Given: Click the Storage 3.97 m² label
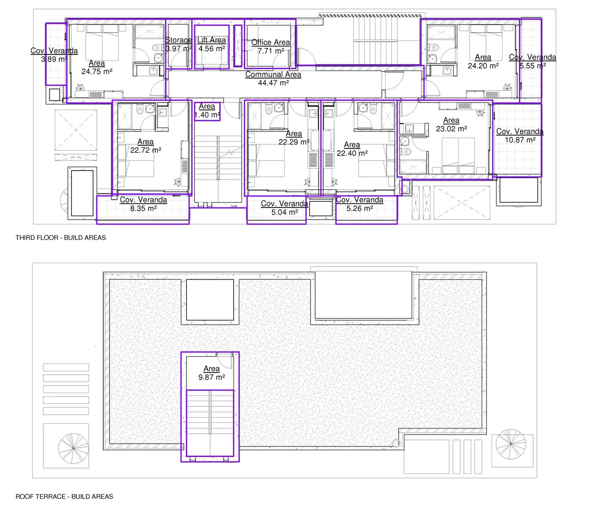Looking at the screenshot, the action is [178, 44].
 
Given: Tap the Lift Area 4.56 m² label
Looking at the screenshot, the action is [211, 44].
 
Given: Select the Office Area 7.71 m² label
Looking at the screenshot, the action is [270, 46].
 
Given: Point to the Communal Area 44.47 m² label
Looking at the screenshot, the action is [273, 78].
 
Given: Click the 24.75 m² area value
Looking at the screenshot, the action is [97, 71].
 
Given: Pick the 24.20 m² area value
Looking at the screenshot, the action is [483, 66].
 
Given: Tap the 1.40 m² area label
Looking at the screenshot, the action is [207, 111].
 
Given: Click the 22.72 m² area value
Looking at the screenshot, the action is [145, 150].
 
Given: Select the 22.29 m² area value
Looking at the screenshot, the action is [294, 142].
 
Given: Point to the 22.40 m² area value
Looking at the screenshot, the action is [352, 153].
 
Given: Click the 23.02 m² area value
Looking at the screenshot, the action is [451, 129].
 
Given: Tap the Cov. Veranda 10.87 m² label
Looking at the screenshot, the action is [520, 136].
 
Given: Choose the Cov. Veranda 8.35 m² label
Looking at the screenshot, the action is [143, 204].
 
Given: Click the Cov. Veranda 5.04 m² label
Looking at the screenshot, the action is [285, 208].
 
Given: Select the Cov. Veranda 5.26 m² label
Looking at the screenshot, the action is [360, 204].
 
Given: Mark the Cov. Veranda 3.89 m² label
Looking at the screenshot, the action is [54, 55].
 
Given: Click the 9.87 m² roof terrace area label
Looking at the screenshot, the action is [211, 373].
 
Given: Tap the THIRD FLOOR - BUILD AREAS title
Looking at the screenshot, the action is [61, 238].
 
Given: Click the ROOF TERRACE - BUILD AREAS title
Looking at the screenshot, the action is [64, 496].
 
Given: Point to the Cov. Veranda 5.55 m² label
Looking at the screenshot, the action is [533, 61].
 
